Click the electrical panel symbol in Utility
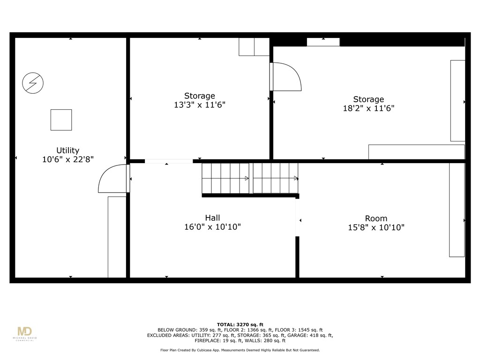pyautogui.click(x=33, y=83)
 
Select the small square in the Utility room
pyautogui.click(x=61, y=120)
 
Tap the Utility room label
pyautogui.click(x=67, y=150)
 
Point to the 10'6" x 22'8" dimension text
pyautogui.click(x=67, y=159)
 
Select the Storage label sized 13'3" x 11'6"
pyautogui.click(x=200, y=96)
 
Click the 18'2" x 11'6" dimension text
pyautogui.click(x=368, y=108)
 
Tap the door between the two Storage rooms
pyautogui.click(x=285, y=76)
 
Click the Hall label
pyautogui.click(x=212, y=217)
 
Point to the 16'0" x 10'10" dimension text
pyautogui.click(x=212, y=227)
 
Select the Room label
pyautogui.click(x=376, y=218)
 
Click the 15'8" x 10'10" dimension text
pyautogui.click(x=376, y=227)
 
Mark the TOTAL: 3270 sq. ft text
pyautogui.click(x=240, y=324)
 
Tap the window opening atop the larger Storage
pyautogui.click(x=323, y=42)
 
